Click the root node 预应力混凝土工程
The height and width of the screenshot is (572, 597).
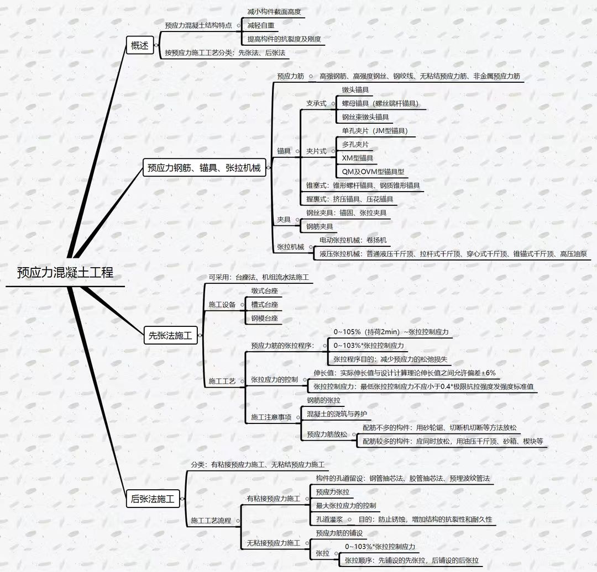click(65, 273)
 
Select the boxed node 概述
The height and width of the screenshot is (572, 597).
click(140, 45)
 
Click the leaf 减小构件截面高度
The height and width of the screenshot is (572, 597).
click(275, 11)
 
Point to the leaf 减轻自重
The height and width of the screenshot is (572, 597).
click(261, 25)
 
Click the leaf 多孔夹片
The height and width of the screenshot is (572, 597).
click(355, 145)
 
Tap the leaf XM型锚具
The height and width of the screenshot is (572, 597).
click(358, 158)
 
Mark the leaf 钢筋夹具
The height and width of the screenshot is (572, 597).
click(320, 226)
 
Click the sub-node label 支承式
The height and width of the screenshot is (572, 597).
click(316, 103)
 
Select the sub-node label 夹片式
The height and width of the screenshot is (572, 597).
click(316, 151)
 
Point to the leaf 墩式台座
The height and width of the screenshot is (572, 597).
click(264, 290)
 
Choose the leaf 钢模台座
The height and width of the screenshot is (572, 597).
click(264, 319)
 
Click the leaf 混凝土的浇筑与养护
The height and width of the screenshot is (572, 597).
click(337, 414)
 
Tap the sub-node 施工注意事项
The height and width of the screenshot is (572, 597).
click(271, 417)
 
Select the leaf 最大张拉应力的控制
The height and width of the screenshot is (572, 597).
click(346, 505)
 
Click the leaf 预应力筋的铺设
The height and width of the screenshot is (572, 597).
click(339, 533)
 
